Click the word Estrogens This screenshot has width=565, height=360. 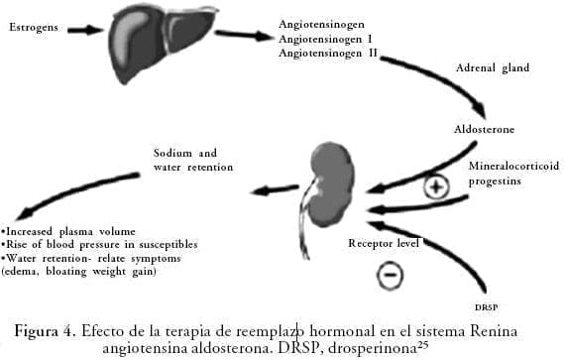34,28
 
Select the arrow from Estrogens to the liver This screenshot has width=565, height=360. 85,30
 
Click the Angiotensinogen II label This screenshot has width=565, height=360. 328,53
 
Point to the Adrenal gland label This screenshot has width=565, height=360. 493,67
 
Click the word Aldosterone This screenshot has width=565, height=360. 484,129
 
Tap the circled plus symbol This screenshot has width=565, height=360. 436,186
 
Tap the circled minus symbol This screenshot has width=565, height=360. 390,275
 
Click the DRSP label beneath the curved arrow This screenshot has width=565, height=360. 486,307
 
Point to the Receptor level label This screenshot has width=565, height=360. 384,243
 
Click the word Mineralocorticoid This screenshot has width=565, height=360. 513,166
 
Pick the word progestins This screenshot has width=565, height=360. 495,180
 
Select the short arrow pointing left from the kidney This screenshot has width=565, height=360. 275,189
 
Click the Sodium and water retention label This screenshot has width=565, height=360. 193,160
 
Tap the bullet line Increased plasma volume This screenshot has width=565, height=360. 68,231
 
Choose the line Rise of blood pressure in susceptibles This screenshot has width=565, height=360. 99,245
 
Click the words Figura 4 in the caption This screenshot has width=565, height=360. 45,331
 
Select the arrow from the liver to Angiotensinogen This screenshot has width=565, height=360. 244,35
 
